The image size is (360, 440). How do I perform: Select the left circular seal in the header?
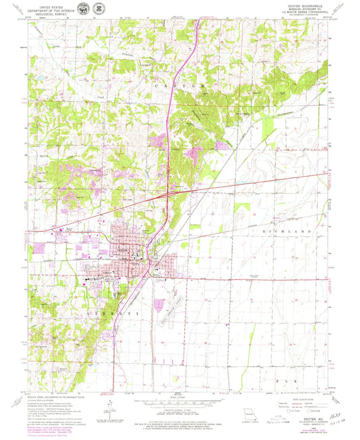[x=82, y=9]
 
